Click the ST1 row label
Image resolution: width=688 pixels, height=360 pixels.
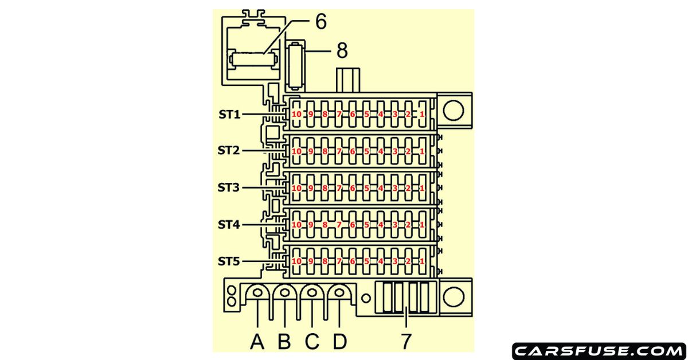[229, 114]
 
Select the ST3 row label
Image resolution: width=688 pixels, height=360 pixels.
[229, 188]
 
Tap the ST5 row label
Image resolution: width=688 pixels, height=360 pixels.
[229, 261]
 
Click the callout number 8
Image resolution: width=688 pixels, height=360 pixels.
[342, 51]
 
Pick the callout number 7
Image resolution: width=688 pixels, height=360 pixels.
[406, 342]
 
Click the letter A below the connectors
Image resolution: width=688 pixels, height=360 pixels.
[258, 342]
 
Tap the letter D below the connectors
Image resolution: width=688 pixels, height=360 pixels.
[339, 342]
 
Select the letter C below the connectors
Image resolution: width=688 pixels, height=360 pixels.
[312, 342]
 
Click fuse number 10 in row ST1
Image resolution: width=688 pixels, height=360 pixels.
[296, 115]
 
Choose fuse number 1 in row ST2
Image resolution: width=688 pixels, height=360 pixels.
[422, 151]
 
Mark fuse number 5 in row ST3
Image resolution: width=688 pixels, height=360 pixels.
[366, 188]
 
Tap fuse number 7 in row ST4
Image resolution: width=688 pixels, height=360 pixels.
[338, 225]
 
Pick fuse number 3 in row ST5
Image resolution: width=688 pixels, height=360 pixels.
[394, 261]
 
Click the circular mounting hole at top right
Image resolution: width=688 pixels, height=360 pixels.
[453, 111]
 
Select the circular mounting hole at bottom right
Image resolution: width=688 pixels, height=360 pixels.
[453, 295]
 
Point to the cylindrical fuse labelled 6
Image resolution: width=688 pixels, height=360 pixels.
[253, 59]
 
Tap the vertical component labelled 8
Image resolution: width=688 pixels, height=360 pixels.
[296, 65]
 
